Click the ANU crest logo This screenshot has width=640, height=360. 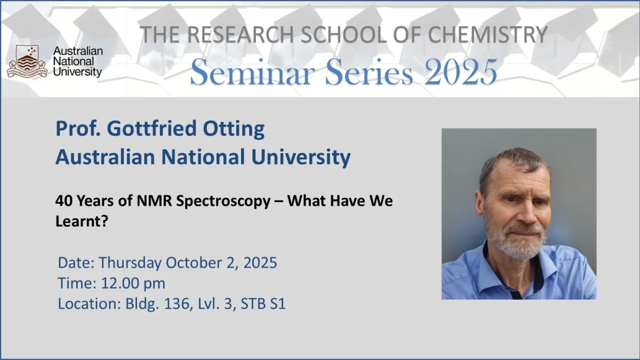(x=27, y=61)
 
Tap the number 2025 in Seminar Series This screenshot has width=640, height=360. (x=461, y=71)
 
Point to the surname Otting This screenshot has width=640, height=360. (x=234, y=129)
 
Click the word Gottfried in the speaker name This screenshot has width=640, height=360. (x=151, y=129)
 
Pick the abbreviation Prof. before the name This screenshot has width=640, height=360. (x=78, y=129)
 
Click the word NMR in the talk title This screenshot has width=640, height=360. (x=154, y=201)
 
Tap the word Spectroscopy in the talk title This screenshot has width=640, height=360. (x=223, y=202)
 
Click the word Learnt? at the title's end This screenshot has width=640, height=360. (x=82, y=221)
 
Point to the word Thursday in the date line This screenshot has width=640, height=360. (x=130, y=263)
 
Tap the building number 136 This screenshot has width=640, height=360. (x=177, y=303)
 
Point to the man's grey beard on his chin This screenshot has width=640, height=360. (x=518, y=246)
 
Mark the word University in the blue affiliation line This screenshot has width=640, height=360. (x=301, y=157)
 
